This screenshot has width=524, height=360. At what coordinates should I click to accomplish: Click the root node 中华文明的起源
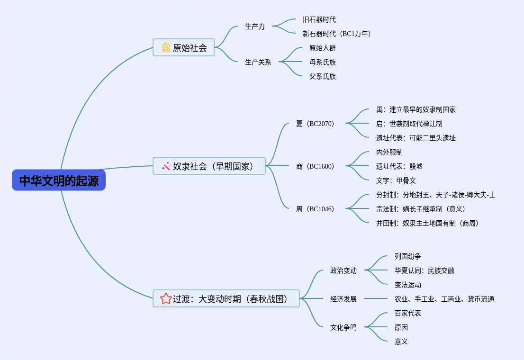pos(59,180)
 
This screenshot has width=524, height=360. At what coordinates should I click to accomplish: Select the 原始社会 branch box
pos(183,47)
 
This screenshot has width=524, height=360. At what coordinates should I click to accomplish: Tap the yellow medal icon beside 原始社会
pos(166,47)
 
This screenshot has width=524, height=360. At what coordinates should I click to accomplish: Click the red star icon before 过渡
pos(166,298)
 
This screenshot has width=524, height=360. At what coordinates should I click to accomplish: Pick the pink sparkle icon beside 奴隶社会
pos(166,166)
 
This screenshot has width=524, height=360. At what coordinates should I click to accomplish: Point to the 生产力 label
pos(254,27)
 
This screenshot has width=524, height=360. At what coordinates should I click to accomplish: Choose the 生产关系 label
pos(258,62)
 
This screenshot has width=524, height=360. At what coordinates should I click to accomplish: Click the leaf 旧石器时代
pos(319,20)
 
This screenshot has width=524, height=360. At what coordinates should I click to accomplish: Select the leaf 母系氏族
pos(323,62)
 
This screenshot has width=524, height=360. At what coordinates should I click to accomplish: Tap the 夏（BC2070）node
pos(315,124)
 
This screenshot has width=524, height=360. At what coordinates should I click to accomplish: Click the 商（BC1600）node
pos(315,166)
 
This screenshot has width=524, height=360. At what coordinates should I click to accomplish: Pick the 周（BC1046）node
pos(315,209)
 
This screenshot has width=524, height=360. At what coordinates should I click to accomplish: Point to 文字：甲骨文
pos(396,180)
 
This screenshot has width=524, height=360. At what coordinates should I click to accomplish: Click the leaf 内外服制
pos(389,152)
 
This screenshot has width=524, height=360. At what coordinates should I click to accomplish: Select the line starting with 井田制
pos(427,223)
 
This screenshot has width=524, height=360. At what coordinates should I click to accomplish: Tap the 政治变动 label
pos(343,270)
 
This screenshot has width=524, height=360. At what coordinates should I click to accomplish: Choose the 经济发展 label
pos(343,299)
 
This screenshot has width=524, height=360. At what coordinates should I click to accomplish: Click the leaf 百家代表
pos(408,313)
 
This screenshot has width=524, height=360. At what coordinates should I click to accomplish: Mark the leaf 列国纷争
pos(408,256)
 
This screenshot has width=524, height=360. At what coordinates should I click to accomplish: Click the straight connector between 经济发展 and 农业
pos(376,298)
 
